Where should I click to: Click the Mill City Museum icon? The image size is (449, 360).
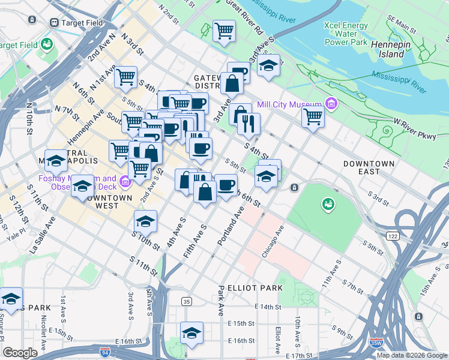[330, 105]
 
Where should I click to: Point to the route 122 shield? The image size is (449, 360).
[393, 237]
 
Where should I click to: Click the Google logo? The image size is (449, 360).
[20, 353]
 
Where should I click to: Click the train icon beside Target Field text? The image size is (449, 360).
[54, 23]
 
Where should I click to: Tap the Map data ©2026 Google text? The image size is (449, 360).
[412, 355]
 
